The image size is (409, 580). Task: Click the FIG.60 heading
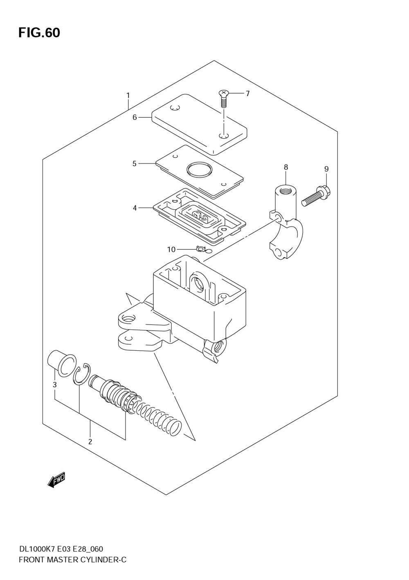click(39, 33)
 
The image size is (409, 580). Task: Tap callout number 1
click(128, 96)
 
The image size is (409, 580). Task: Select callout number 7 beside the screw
click(247, 94)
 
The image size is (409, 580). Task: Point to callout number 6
click(135, 117)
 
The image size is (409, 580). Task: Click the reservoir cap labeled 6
click(199, 125)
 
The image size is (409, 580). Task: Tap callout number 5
click(135, 163)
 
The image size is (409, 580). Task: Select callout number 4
click(135, 208)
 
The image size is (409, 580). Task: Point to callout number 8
click(286, 167)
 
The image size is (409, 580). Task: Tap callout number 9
click(326, 169)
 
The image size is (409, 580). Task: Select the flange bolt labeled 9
click(316, 196)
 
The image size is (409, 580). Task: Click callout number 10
click(171, 249)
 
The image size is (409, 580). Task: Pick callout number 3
click(54, 385)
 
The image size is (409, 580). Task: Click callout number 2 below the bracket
click(90, 441)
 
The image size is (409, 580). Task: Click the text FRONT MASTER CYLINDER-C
click(72, 560)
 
